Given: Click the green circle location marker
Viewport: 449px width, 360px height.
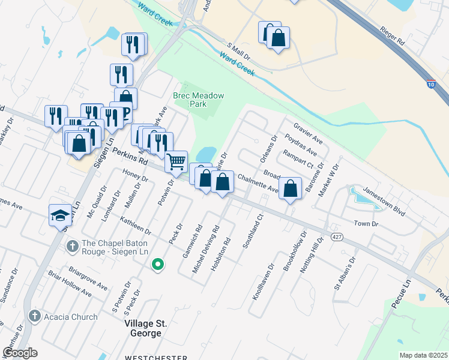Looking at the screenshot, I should (x=157, y=263).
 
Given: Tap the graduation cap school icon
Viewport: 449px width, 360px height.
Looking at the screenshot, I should (x=60, y=215).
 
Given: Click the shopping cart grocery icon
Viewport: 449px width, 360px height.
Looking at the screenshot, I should (x=176, y=161).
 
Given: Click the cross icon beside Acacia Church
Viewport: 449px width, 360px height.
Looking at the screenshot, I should (x=34, y=316).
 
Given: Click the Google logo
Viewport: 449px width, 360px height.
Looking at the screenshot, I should (x=20, y=352).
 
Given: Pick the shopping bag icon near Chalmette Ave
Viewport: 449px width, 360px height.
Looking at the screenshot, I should (x=290, y=188).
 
